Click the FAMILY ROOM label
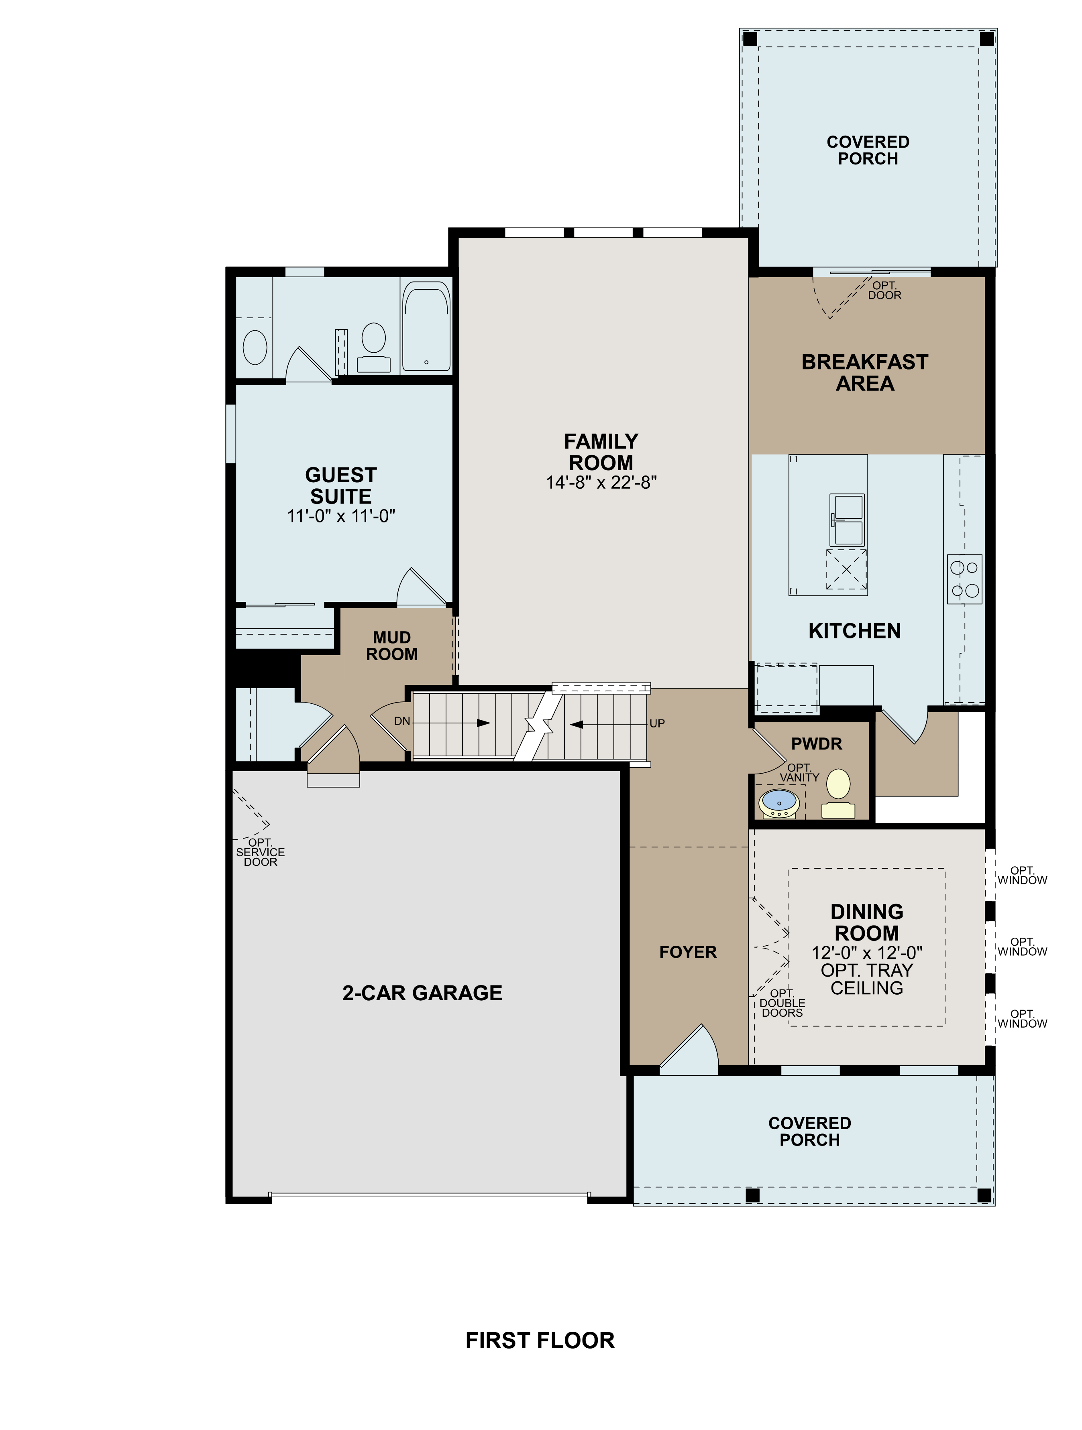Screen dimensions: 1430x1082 point(601,452)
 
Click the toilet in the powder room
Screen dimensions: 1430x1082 point(839,792)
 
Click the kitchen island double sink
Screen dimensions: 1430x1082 point(847,520)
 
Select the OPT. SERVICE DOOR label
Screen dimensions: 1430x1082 point(260,852)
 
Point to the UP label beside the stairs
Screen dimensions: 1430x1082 point(657,723)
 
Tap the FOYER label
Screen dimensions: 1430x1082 point(687,952)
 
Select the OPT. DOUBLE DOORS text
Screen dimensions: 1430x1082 point(782,1003)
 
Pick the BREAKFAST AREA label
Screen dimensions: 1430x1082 point(865,372)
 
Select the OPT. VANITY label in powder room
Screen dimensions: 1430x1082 point(799,772)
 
